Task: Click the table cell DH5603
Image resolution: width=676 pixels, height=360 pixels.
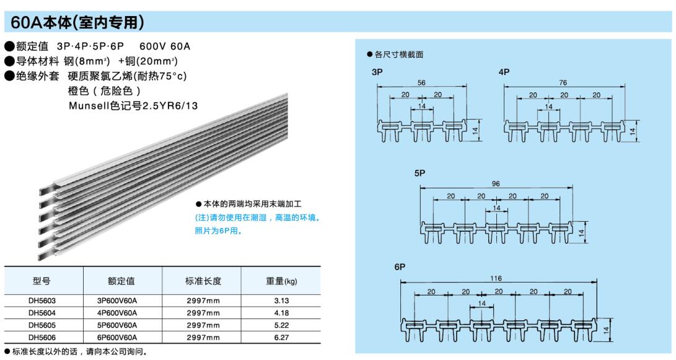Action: coord(42,301)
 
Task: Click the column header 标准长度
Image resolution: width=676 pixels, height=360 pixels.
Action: coord(203,281)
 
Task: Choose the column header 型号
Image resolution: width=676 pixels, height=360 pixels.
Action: coord(42,281)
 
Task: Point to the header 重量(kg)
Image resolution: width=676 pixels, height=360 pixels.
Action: coord(281,281)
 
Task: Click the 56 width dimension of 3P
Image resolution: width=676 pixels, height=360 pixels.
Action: coord(421,82)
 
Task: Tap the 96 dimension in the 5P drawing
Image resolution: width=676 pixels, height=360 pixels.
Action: coord(495,184)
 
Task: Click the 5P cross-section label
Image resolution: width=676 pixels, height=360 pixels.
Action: coord(420,173)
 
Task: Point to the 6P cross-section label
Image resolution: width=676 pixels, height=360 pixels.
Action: coord(400,268)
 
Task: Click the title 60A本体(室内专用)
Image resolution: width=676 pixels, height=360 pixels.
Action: coord(77,23)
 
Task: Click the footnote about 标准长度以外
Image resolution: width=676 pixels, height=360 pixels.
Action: coord(77,352)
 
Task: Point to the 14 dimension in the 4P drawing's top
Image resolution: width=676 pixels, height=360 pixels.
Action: coord(548,107)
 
